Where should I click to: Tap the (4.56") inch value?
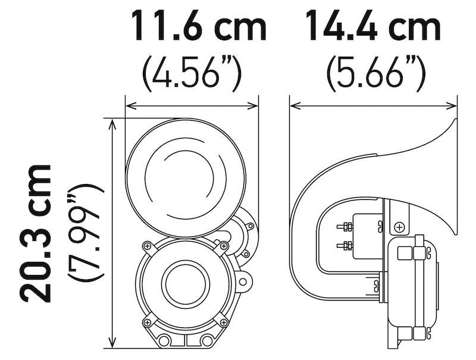point(192,73)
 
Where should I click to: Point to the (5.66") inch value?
point(375,73)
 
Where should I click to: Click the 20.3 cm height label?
point(34,232)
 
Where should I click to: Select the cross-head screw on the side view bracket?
point(399,226)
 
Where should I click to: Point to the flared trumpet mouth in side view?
point(453,179)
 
